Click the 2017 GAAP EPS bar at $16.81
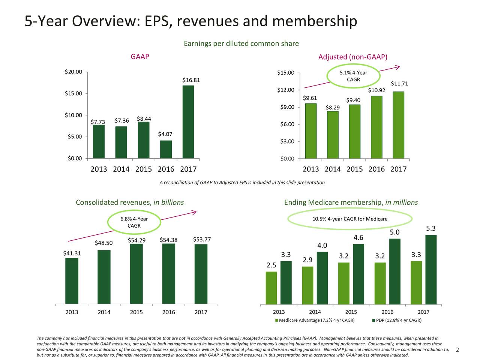coord(188,121)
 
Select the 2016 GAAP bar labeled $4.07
coord(166,149)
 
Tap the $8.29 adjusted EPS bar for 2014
coord(332,135)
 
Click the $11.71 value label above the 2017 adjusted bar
coord(399,84)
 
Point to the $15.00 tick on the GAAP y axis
coord(74,93)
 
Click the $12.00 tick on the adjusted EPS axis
coord(286,90)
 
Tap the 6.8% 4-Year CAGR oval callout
coord(134,222)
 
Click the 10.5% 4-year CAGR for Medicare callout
coord(349,219)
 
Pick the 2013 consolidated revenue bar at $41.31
coord(72,280)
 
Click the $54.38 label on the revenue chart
coord(168,240)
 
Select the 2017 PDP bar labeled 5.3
coord(431,269)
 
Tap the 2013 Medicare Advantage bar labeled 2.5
coord(271,287)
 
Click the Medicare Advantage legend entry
coord(315,320)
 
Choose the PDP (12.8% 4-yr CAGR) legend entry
coord(396,320)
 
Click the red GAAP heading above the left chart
coord(139,57)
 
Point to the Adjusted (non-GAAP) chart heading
coord(352,57)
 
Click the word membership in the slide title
coord(314,21)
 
